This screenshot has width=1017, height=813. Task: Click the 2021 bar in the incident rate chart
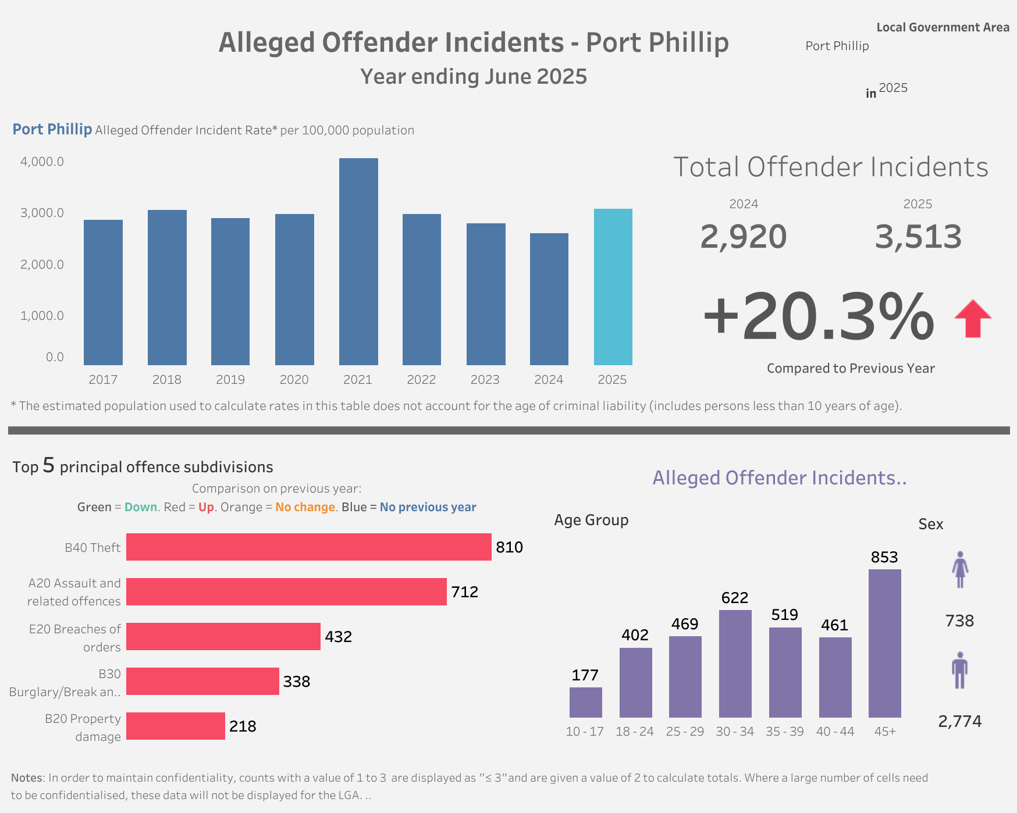pos(358,262)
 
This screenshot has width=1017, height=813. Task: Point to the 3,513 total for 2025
pos(918,237)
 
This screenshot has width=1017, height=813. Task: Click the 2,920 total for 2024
pos(743,237)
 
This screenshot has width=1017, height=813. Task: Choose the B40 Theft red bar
pos(308,547)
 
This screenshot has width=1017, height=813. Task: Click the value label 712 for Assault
pos(464,592)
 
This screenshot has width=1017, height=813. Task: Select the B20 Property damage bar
pos(175,726)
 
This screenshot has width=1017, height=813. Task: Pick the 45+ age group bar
pos(884,643)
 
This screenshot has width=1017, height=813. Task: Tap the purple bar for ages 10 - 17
pos(585,702)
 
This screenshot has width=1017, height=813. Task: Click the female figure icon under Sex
pos(960,569)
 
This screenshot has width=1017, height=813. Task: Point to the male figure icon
pos(960,671)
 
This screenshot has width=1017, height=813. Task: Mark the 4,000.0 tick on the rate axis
pos(42,162)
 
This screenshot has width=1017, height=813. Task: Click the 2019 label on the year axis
pos(230,380)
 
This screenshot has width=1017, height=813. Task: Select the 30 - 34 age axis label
pos(735,732)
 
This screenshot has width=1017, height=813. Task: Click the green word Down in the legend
pos(141,507)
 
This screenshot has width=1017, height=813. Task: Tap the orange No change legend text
pos(305,507)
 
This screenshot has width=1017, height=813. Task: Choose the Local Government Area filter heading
pos(943,27)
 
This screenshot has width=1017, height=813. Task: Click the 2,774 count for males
pos(959,722)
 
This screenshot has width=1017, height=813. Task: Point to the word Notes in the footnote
pos(27,778)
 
